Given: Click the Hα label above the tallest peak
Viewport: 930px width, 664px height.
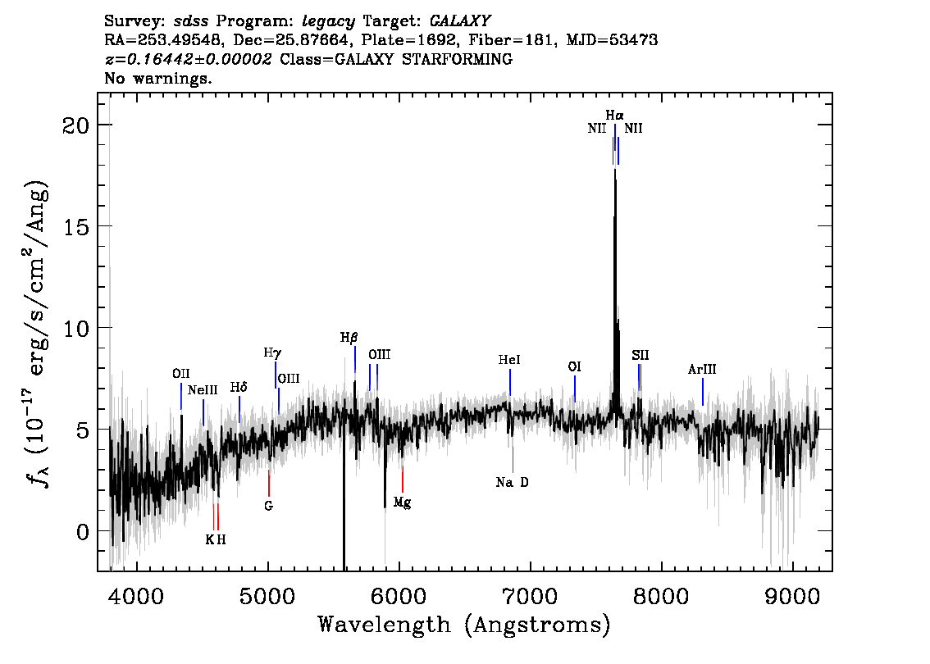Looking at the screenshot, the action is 614,115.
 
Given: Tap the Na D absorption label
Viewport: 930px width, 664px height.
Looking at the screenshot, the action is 512,482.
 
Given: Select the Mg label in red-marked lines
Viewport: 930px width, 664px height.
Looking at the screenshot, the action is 402,503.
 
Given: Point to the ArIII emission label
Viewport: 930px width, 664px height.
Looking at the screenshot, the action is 702,370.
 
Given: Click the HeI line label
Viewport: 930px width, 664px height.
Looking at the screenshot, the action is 509,360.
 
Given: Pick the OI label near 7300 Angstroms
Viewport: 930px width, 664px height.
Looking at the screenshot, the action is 574,367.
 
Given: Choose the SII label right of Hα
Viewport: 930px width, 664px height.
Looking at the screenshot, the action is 640,355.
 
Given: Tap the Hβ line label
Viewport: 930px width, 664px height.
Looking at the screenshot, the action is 349,338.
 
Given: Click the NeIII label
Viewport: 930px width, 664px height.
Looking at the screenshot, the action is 203,390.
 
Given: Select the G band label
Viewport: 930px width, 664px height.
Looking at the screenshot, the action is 269,506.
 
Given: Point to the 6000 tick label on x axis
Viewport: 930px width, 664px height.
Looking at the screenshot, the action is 399,597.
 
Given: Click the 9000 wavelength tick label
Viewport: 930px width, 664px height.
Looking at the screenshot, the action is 791,597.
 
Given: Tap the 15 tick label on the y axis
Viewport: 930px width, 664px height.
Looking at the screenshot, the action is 75,227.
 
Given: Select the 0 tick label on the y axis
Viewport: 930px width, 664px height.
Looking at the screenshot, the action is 83,532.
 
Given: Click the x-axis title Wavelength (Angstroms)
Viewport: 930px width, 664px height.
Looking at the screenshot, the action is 464,625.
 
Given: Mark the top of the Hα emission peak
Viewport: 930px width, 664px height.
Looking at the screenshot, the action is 615,170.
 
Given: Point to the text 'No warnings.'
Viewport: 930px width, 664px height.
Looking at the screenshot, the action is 157,78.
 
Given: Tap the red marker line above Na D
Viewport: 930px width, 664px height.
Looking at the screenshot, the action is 513,459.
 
